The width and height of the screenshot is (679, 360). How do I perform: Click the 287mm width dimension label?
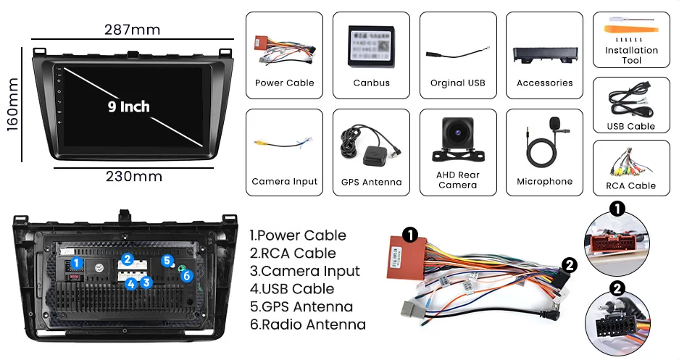(132, 30)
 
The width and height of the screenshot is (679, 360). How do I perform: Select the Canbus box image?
(371, 47)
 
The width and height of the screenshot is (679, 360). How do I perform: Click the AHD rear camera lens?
(457, 134)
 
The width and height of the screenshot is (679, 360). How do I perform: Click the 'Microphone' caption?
(544, 182)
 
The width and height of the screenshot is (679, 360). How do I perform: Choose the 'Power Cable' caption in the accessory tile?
(284, 83)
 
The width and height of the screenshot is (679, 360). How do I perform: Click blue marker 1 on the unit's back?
(78, 263)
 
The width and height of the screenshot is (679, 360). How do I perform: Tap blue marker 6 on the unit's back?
(186, 275)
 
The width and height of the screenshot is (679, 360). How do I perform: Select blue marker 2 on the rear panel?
(127, 259)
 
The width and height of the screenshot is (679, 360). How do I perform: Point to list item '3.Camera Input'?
(304, 271)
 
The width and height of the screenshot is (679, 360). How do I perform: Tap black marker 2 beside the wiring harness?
(570, 265)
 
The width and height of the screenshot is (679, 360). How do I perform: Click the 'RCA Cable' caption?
(631, 186)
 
